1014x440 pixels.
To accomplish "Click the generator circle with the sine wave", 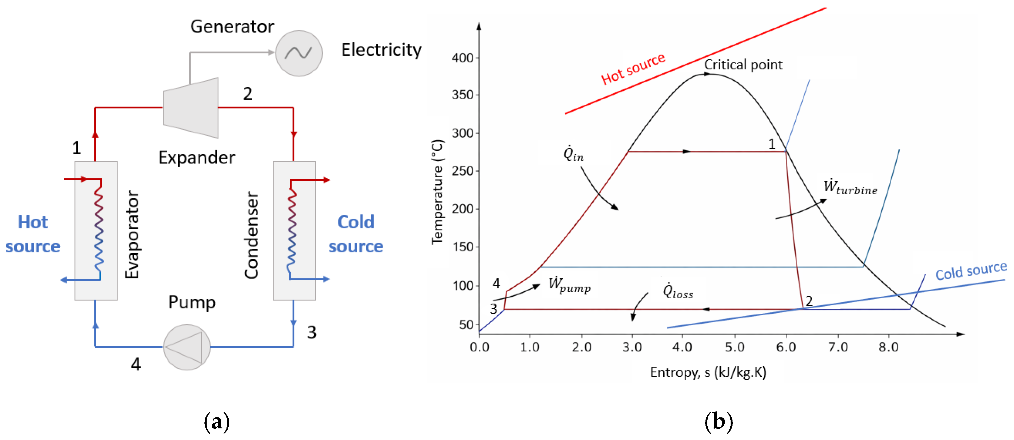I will pyautogui.click(x=299, y=53).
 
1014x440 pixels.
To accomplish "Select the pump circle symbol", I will pyautogui.click(x=187, y=347).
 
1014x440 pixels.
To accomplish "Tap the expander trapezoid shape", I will pyautogui.click(x=191, y=108).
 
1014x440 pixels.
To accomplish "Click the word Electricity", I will pyautogui.click(x=381, y=50).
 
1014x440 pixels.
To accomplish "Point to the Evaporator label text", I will pyautogui.click(x=132, y=234).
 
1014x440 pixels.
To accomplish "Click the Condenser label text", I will pyautogui.click(x=252, y=235).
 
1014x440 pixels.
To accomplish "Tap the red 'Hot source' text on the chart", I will pyautogui.click(x=633, y=69).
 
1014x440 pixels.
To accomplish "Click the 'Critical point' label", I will pyautogui.click(x=743, y=64).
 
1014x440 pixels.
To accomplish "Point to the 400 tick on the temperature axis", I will pyautogui.click(x=463, y=58).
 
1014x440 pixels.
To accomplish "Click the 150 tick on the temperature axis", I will pyautogui.click(x=463, y=247).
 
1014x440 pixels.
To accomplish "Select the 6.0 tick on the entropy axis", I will pyautogui.click(x=786, y=347).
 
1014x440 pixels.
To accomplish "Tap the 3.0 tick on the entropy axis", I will pyautogui.click(x=632, y=347).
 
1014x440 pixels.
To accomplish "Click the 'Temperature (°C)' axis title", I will pyautogui.click(x=437, y=192).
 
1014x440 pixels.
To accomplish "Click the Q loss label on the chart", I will pyautogui.click(x=678, y=291).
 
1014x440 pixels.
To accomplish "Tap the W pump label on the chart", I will pyautogui.click(x=569, y=285).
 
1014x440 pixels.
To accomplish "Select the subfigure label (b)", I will pyautogui.click(x=719, y=421).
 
